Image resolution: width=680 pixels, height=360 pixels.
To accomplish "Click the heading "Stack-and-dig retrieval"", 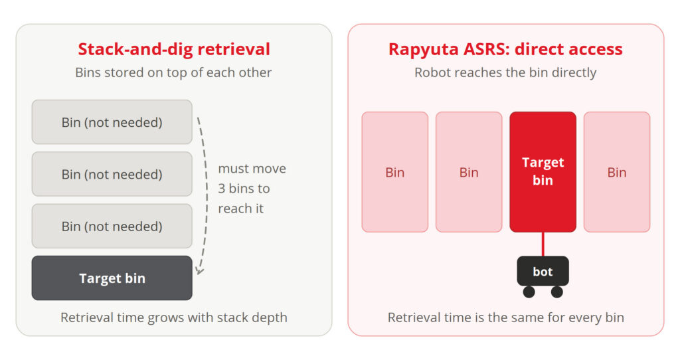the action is tap(174, 49).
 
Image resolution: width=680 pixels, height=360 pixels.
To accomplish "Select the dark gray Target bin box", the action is tap(112, 278).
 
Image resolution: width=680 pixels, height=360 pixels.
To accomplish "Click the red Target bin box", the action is tap(543, 172).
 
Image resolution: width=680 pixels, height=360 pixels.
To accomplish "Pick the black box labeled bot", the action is tap(543, 271).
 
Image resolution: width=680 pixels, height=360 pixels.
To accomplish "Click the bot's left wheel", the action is tap(529, 292).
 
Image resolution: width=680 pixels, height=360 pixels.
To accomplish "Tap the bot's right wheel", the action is tap(557, 292).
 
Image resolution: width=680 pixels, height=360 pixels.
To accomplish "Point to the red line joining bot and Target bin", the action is tap(543, 244).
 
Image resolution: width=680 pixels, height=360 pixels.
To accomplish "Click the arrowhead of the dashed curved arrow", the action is tap(199, 271).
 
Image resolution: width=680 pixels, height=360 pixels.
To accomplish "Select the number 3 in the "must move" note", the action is tap(222, 189).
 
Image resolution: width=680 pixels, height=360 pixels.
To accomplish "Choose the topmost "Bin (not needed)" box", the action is tap(112, 122).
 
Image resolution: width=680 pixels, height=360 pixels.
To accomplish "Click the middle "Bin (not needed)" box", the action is tap(112, 174).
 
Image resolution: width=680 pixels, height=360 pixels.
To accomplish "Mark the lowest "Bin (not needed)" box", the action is tap(112, 226).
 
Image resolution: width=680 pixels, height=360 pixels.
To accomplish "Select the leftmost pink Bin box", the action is tap(395, 172).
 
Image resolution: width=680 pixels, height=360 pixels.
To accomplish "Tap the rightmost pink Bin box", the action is tap(617, 172).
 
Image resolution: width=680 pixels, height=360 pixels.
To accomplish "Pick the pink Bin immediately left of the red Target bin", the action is tap(469, 172).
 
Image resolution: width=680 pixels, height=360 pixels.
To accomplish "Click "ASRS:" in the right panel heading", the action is tap(487, 49).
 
